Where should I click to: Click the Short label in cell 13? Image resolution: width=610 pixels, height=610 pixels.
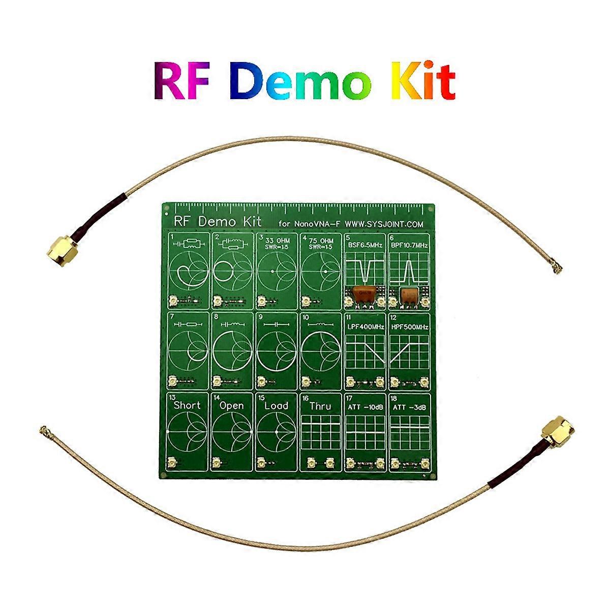187,406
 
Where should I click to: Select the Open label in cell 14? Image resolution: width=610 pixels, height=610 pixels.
231,406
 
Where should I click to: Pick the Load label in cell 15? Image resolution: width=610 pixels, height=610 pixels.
276,406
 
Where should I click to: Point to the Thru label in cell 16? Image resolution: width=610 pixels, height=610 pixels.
320,406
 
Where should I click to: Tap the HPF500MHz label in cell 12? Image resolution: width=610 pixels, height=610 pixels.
409,327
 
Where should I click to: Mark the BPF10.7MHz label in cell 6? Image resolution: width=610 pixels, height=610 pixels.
409,246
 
